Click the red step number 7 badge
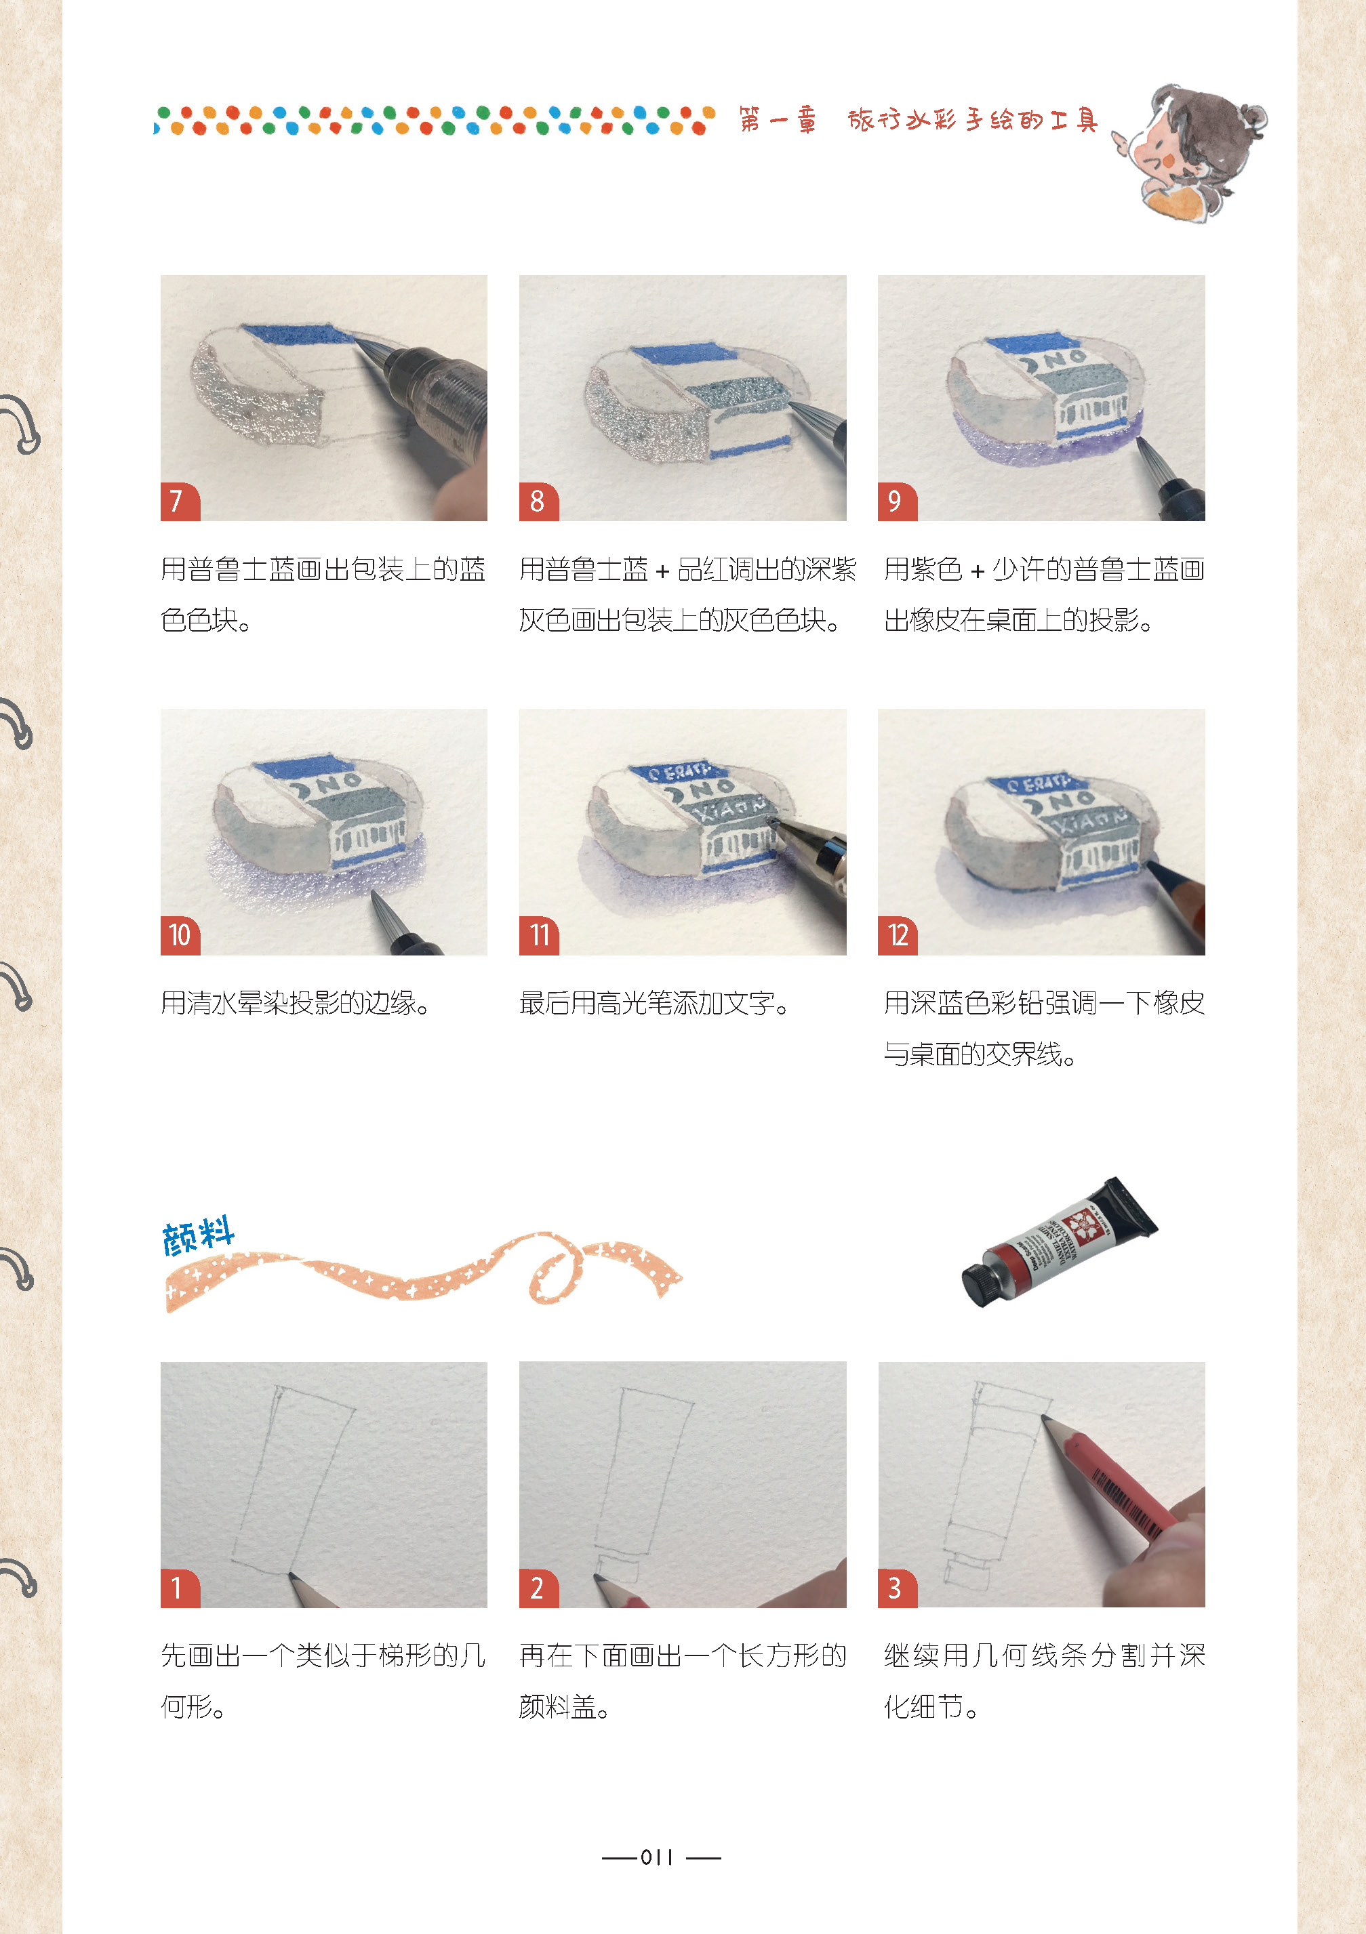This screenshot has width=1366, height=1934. click(x=180, y=502)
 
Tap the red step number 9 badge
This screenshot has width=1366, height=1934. click(x=898, y=502)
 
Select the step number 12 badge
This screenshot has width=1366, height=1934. click(x=898, y=936)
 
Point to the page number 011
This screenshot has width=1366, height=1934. click(x=658, y=1857)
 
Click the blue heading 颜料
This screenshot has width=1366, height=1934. click(x=199, y=1237)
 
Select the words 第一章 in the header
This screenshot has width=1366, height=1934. click(x=778, y=121)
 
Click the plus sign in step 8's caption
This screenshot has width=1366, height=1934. click(x=662, y=572)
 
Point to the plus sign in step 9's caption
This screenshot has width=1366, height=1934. click(x=978, y=572)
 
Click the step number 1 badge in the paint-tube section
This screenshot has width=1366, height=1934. click(x=180, y=1588)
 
